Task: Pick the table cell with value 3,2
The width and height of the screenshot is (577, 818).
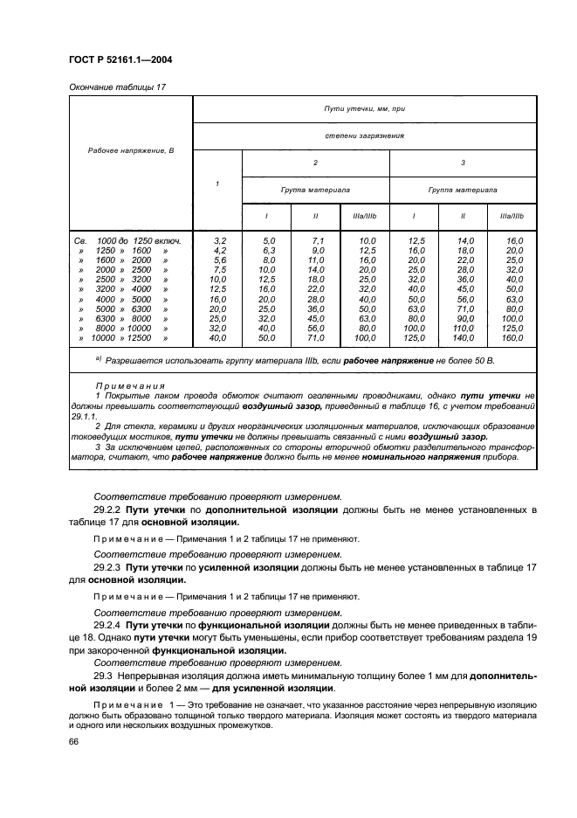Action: click(x=220, y=239)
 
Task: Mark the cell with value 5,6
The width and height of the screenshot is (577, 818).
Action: click(x=220, y=260)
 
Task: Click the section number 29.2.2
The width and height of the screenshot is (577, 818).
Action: click(x=109, y=509)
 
